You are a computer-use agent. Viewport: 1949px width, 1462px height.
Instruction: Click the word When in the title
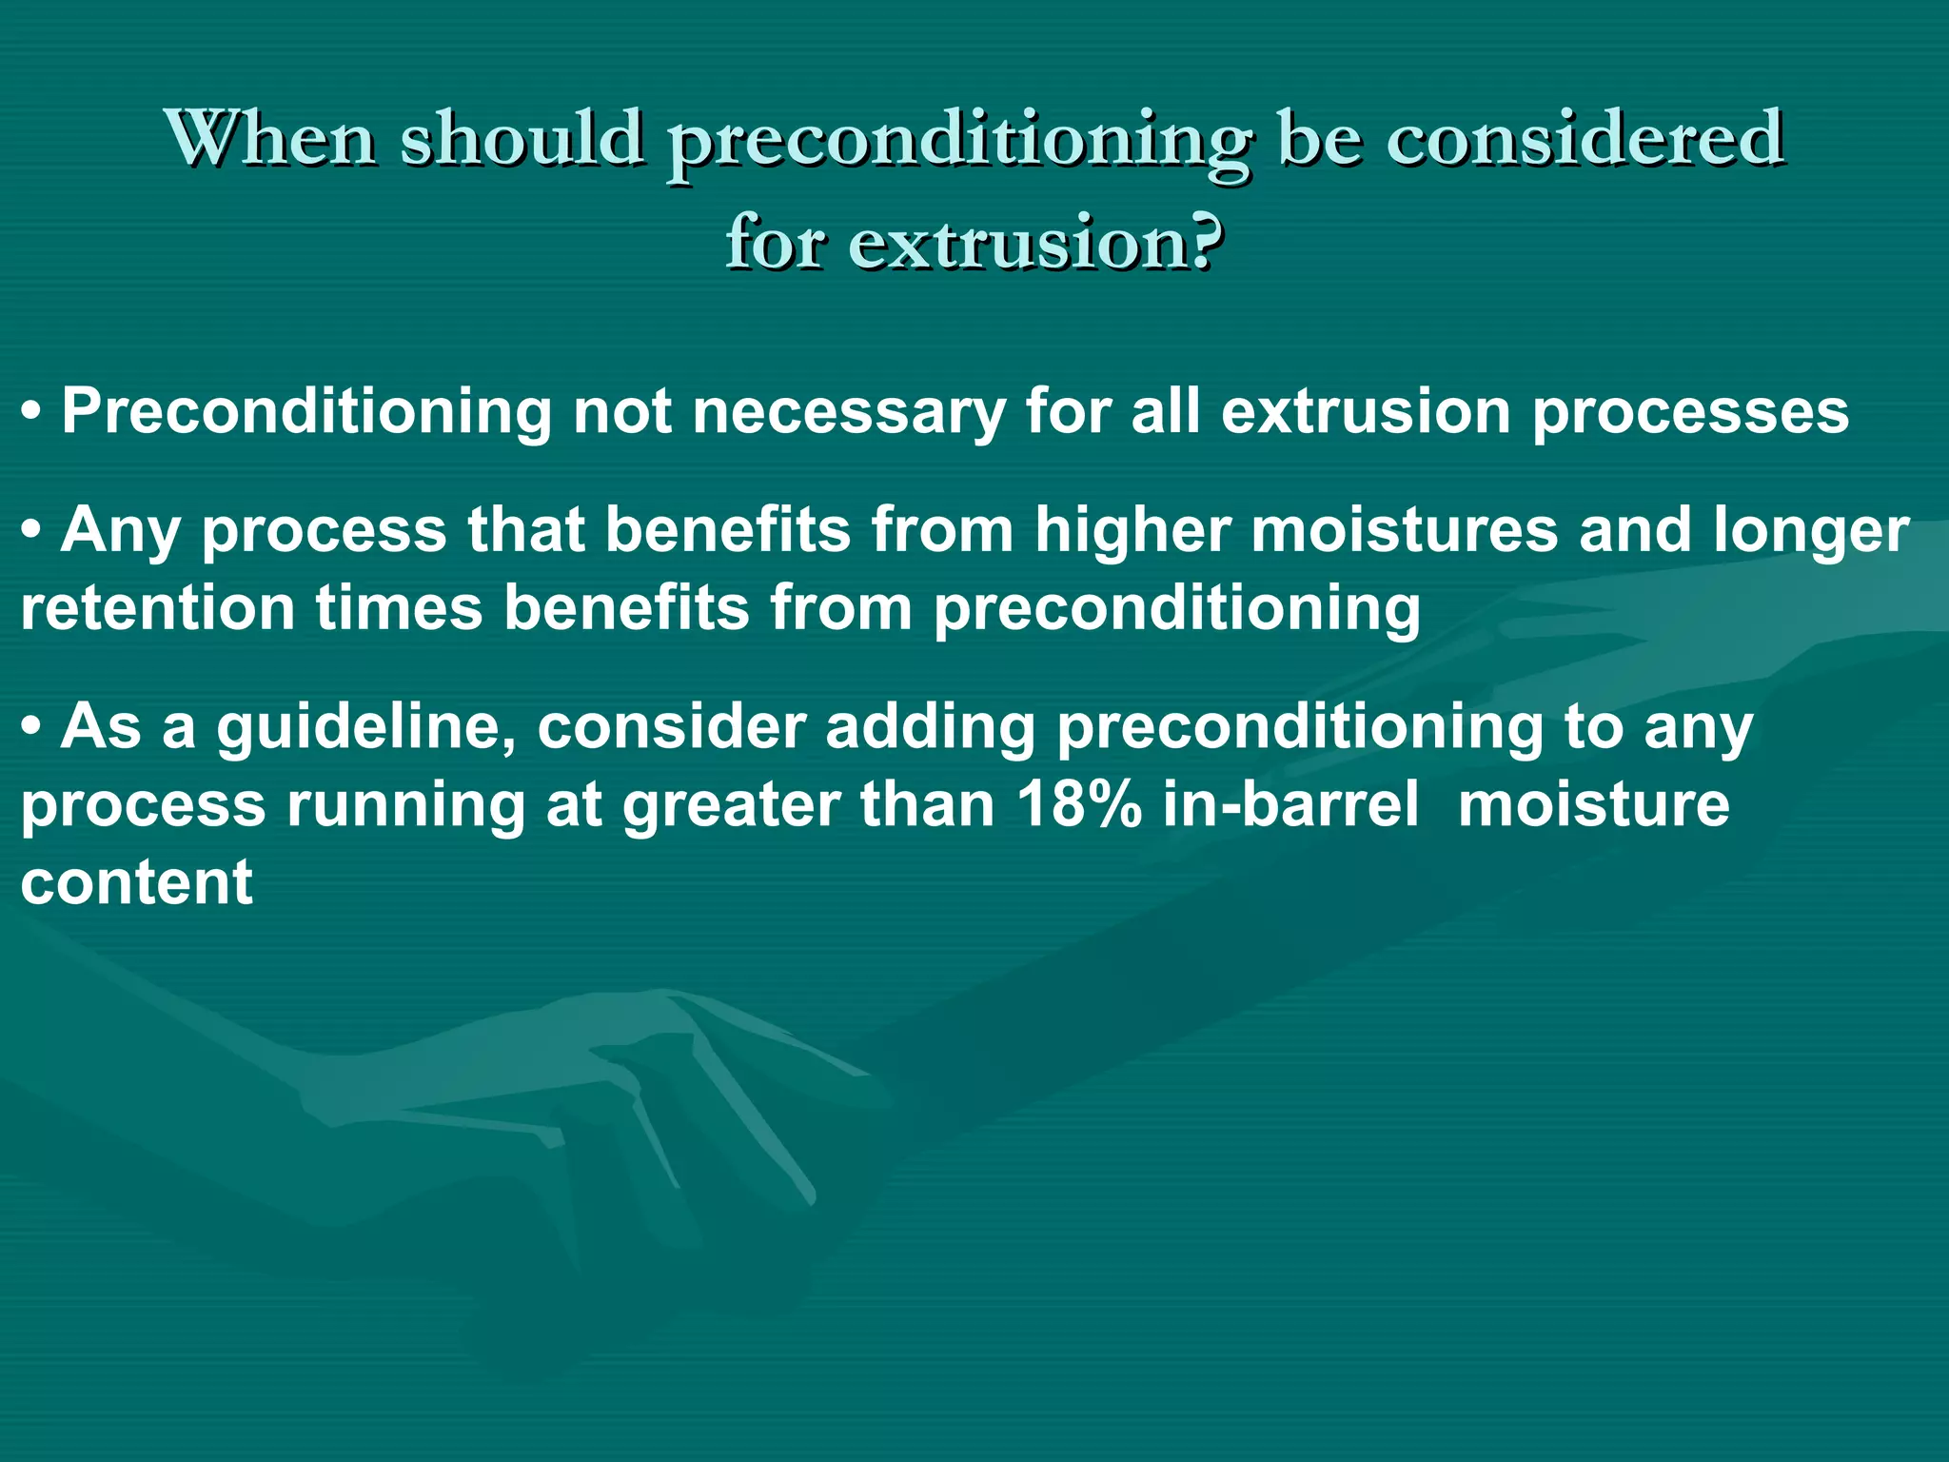point(271,139)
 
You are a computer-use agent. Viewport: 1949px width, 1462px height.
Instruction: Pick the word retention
point(158,609)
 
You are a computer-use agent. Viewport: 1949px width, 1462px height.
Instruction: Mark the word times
point(400,609)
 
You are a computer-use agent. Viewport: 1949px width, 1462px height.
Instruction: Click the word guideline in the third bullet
point(367,729)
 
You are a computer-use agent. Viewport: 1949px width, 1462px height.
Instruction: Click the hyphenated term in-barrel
point(1290,805)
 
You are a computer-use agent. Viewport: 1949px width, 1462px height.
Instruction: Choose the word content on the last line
point(137,883)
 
